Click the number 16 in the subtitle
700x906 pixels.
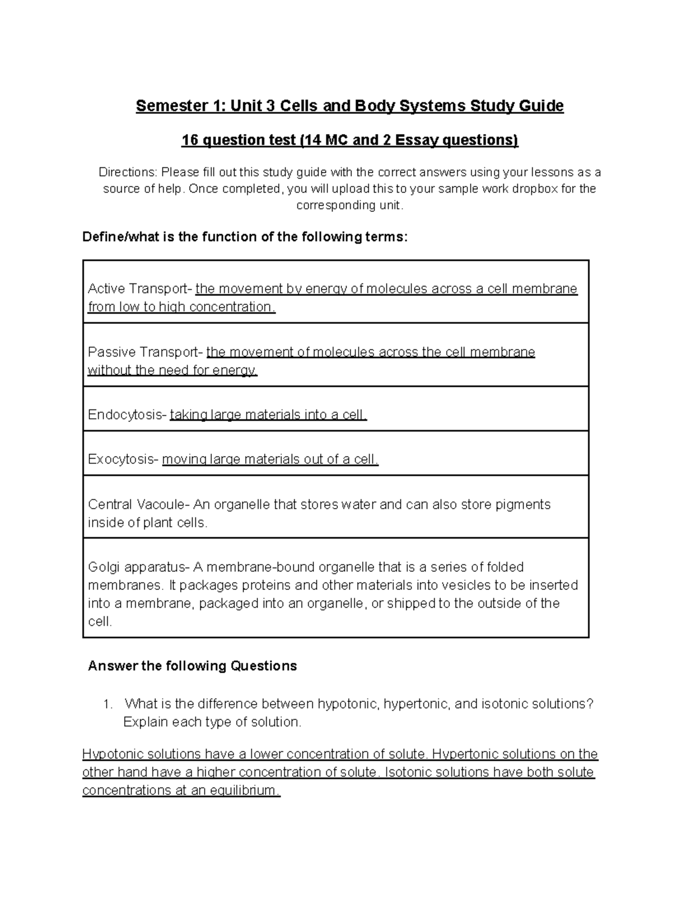tap(189, 140)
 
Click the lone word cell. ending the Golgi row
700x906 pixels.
tap(99, 622)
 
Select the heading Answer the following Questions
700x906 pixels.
tap(192, 666)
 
